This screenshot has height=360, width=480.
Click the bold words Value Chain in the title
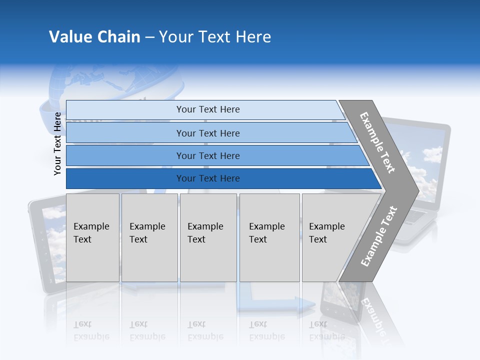click(94, 37)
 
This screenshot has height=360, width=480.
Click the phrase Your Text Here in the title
click(215, 37)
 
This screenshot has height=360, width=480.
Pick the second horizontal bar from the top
click(208, 133)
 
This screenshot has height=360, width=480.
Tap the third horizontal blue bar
click(208, 155)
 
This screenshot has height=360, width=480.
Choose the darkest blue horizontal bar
click(208, 178)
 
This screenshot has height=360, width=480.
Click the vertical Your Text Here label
click(57, 143)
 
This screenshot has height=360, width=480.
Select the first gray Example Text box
click(92, 237)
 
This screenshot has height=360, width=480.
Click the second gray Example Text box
click(149, 237)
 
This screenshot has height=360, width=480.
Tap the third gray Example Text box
click(208, 237)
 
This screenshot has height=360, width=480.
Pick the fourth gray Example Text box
click(269, 237)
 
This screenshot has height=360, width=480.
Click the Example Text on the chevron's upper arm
click(377, 142)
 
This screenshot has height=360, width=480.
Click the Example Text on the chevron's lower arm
click(379, 236)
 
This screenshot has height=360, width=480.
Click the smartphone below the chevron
click(340, 302)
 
